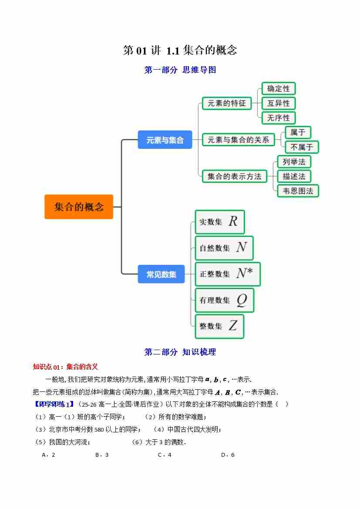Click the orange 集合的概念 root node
pos(79,206)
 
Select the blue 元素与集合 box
pos(165,140)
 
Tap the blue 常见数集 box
pos(161,274)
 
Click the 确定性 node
pos(278,88)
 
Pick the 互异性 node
pos(278,103)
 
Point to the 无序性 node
pos(278,118)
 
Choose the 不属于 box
pos(302,147)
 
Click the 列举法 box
pos(294,162)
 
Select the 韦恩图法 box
pos(298,191)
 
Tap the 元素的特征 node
pos(226,103)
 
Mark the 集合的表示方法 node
pos(234,176)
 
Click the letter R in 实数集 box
pos(233,222)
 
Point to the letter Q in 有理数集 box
pos(242,300)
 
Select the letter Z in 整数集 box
pos(233,326)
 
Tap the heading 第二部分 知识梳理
pos(180,352)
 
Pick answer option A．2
pos(48,455)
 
